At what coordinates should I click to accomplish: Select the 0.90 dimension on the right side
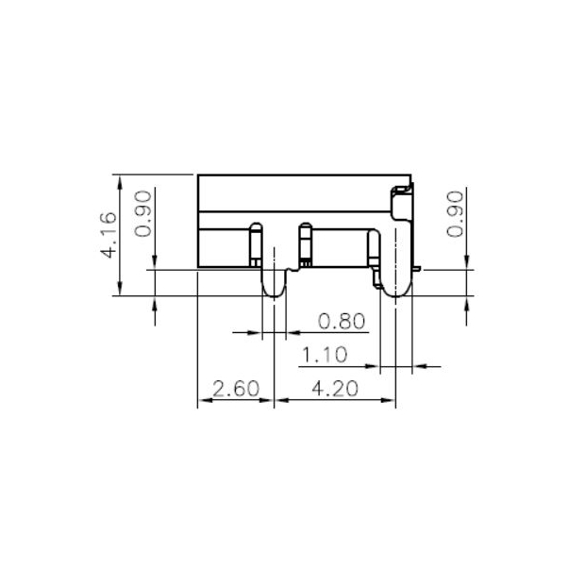pyautogui.click(x=455, y=215)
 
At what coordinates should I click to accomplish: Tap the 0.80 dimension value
pyautogui.click(x=342, y=322)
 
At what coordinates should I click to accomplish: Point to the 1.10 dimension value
pyautogui.click(x=324, y=355)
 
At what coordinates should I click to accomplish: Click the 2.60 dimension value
pyautogui.click(x=234, y=389)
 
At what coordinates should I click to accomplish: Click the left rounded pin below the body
pyautogui.click(x=274, y=283)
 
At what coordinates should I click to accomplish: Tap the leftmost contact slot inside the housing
pyautogui.click(x=254, y=244)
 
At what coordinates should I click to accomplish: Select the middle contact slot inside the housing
pyautogui.click(x=304, y=244)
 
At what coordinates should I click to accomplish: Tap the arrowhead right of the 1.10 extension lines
pyautogui.click(x=421, y=365)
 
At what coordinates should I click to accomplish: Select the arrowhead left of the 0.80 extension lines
pyautogui.click(x=257, y=332)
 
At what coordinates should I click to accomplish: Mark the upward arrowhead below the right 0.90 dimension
pyautogui.click(x=470, y=303)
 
